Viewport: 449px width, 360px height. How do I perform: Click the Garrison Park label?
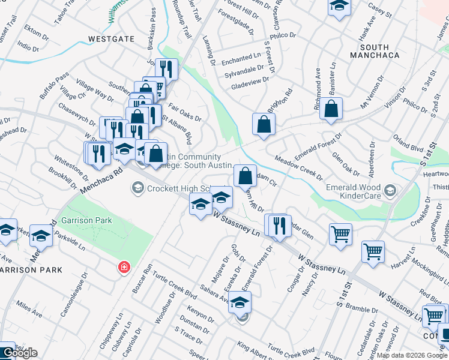(x=86, y=220)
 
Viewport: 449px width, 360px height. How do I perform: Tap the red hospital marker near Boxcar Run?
(x=124, y=266)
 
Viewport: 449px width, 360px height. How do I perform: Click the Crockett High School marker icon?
(x=137, y=189)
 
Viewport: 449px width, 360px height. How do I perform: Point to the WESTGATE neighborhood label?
(x=111, y=39)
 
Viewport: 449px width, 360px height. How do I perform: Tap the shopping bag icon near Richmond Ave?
(x=331, y=110)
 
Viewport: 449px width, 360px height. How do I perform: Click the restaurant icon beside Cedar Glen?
(x=279, y=226)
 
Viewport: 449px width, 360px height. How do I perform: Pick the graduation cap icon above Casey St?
(x=339, y=7)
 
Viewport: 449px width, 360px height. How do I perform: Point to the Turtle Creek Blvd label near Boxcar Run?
(x=175, y=286)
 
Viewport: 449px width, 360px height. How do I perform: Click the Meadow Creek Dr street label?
(x=298, y=168)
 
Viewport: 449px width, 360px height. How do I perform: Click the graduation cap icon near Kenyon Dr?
(x=240, y=303)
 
